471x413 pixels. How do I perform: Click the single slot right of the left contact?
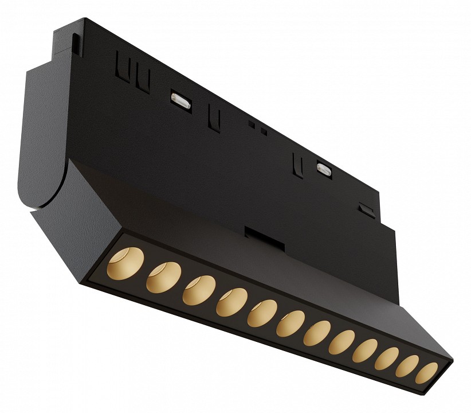click(214, 117)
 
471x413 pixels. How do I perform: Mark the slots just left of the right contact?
click(297, 163)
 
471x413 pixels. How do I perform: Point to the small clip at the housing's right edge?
click(364, 207)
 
